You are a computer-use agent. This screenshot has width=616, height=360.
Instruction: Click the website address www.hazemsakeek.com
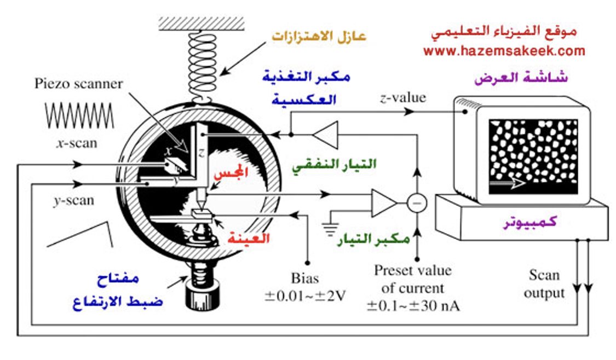(504, 51)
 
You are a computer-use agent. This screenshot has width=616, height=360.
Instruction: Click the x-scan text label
(77, 143)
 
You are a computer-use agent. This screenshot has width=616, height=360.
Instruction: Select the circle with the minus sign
(417, 204)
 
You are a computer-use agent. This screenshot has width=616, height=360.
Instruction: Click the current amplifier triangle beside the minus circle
(383, 204)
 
